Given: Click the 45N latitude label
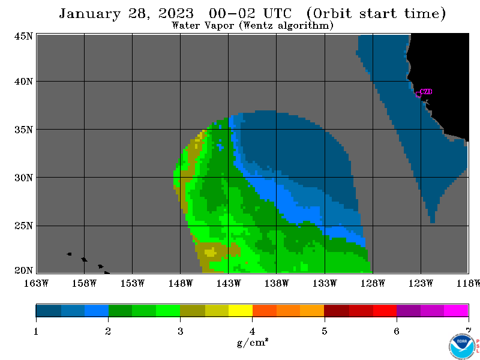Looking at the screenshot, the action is pos(23,36).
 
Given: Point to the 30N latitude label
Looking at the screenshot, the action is pos(23,178).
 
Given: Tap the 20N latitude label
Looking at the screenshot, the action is pos(23,270).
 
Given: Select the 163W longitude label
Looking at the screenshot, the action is pos(36,283).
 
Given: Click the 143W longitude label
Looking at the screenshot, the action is pos(229,283).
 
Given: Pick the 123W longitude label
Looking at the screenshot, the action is pos(421,283).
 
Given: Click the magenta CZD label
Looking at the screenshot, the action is pos(426,92).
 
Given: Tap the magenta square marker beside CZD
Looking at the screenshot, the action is pos(418,95).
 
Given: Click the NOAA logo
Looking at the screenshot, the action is pos(462,346).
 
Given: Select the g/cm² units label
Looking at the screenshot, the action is pos(253,342).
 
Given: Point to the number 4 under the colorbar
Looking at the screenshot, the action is pos(252,331).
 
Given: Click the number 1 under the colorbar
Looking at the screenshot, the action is pos(36,331).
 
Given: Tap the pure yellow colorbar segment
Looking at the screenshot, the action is pos(241,310).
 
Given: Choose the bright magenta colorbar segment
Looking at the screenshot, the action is pos(456,310).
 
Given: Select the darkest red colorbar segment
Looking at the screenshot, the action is pos(337,310).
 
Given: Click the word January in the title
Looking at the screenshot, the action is pos(89,14).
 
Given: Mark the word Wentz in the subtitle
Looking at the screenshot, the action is pos(258,25).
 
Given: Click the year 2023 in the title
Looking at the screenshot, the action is pos(176,13).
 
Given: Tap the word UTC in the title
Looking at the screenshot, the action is pos(277,13).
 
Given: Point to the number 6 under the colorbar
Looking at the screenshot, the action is pos(397,331).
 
